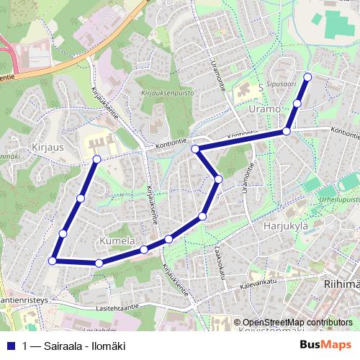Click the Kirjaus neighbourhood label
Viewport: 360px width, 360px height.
pyautogui.click(x=30, y=145)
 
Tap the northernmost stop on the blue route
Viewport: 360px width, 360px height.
pyautogui.click(x=308, y=77)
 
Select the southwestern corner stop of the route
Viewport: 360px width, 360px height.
pyautogui.click(x=52, y=261)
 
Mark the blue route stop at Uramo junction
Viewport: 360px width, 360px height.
pyautogui.click(x=287, y=131)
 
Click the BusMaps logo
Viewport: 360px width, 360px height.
pyautogui.click(x=325, y=345)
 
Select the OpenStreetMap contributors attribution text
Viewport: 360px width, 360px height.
pyautogui.click(x=297, y=323)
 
